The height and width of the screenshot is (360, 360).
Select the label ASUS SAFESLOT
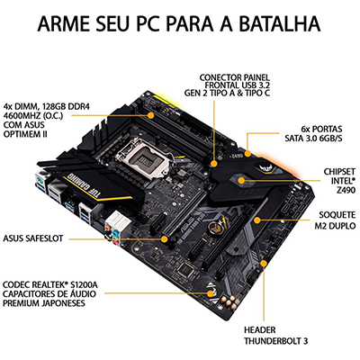[33, 238]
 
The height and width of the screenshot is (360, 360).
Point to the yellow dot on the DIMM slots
[151, 115]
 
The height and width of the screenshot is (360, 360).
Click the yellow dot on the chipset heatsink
[241, 181]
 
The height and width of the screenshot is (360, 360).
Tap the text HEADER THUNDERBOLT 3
[275, 336]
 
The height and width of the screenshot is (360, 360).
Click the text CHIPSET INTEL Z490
[339, 181]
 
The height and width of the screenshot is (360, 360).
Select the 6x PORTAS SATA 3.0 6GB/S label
[313, 133]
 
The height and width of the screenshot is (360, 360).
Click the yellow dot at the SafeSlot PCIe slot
[164, 239]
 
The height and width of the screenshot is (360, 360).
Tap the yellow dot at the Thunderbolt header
[264, 264]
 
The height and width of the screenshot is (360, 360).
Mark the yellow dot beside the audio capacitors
[209, 292]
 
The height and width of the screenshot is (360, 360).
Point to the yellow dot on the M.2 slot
[256, 220]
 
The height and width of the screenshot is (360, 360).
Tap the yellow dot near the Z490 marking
[247, 154]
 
